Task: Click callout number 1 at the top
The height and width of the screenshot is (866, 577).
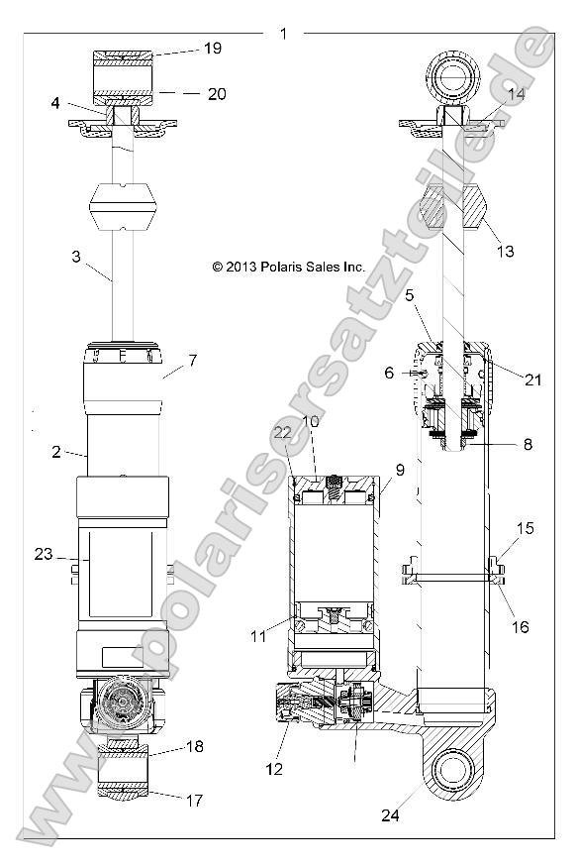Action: pyautogui.click(x=283, y=34)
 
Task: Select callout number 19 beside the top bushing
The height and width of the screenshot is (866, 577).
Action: pyautogui.click(x=213, y=48)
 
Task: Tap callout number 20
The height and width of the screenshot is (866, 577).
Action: pyautogui.click(x=217, y=94)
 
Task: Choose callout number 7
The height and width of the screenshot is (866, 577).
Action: pyautogui.click(x=192, y=360)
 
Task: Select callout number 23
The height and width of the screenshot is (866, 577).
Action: pyautogui.click(x=43, y=555)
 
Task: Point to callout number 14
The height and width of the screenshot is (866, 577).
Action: pyautogui.click(x=516, y=95)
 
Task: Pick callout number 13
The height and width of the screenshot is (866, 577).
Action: pyautogui.click(x=505, y=252)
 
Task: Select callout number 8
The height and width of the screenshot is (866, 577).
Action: pyautogui.click(x=528, y=445)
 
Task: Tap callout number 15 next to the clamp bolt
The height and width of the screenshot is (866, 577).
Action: pyautogui.click(x=525, y=529)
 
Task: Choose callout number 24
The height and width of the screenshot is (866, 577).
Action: pyautogui.click(x=390, y=815)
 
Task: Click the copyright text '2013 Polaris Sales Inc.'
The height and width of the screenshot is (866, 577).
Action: pyautogui.click(x=289, y=267)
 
